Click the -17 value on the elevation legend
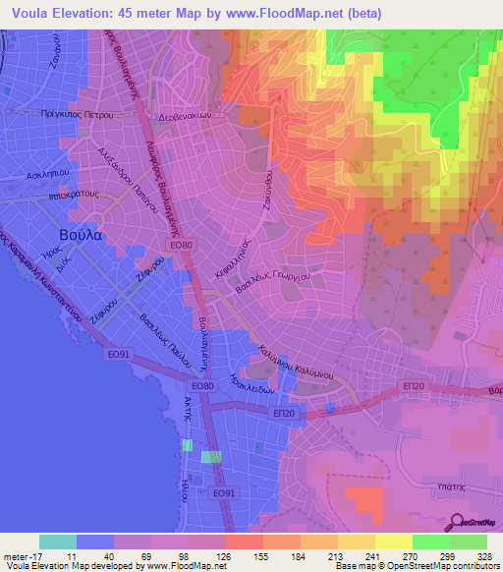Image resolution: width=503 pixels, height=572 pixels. click(x=20, y=556)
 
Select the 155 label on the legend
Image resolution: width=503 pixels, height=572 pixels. click(x=259, y=556)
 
